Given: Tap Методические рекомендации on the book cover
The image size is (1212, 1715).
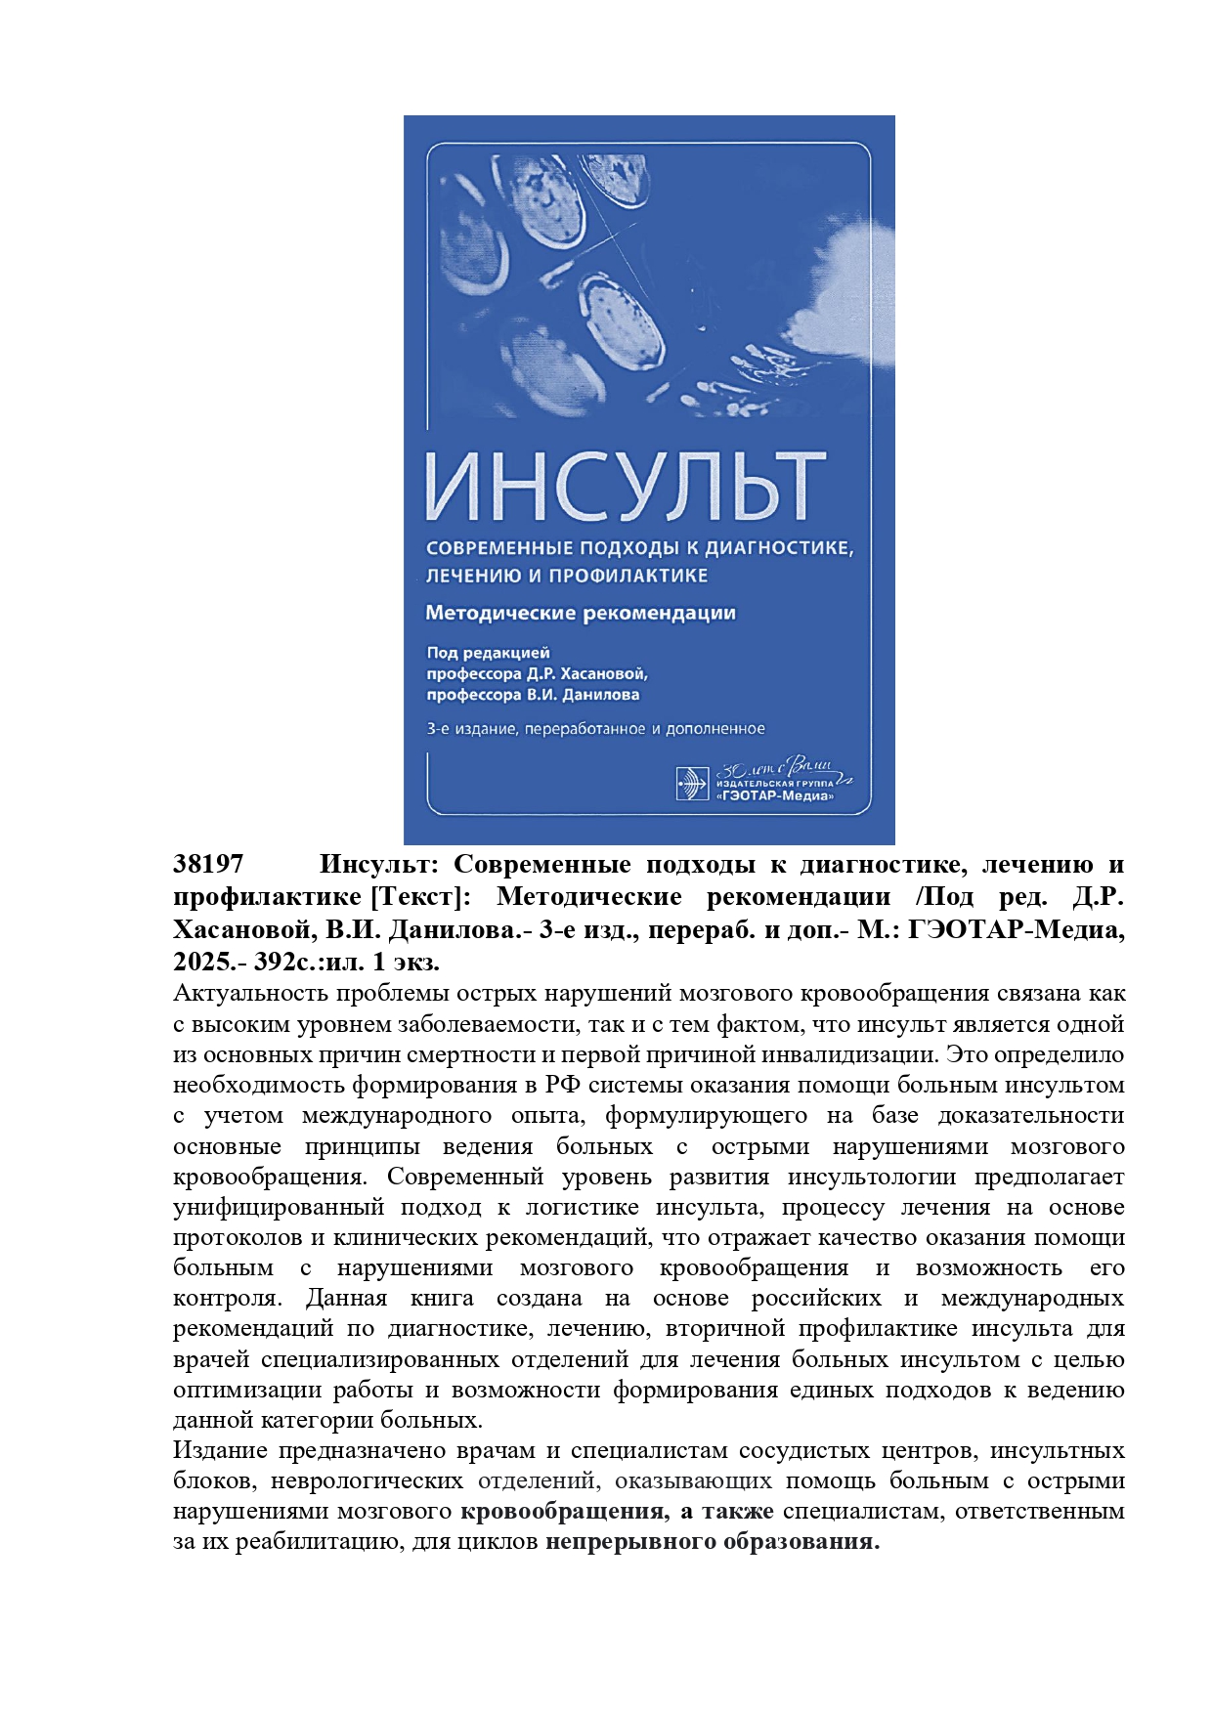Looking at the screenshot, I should pos(581,614).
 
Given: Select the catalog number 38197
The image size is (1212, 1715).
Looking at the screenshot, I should pos(208,865).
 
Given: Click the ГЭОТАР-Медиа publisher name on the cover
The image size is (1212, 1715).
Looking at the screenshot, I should pos(775,796).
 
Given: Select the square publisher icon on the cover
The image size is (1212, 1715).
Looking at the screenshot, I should pos(692,784).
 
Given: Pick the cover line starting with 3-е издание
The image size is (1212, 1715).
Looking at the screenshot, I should pos(595,728).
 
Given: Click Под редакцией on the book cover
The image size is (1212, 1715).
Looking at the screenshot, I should pos(488,653).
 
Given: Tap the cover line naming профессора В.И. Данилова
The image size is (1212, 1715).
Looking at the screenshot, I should pos(533,695).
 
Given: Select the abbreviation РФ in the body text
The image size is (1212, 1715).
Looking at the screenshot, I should pos(564,1085).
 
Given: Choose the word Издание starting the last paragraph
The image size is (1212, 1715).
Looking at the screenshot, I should pos(218,1450).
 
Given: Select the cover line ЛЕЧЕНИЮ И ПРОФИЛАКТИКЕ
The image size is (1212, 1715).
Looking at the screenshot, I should pos(567,576).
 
